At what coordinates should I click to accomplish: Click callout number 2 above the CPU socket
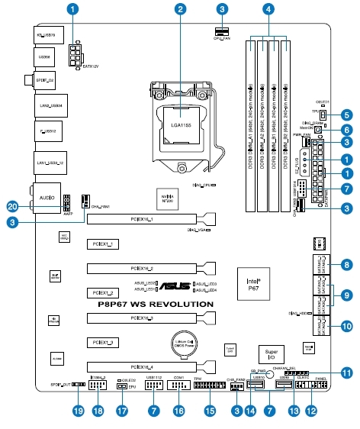click(x=180, y=10)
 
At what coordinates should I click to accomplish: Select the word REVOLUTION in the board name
click(x=184, y=304)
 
